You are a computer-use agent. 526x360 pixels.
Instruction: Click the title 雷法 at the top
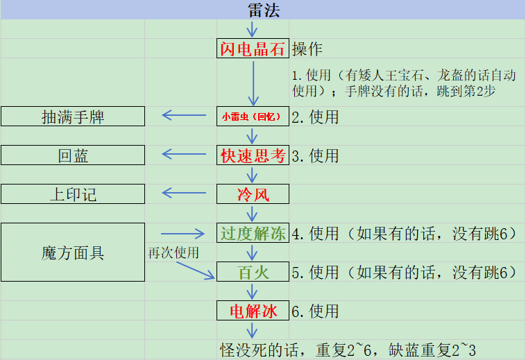pos(264,10)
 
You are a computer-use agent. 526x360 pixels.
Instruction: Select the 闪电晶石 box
pos(253,49)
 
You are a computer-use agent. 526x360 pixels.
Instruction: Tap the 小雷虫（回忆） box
pos(253,117)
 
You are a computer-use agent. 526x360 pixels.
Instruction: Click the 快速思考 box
pos(253,155)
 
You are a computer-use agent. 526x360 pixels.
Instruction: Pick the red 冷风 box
pos(253,194)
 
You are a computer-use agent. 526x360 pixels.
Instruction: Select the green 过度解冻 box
pos(253,233)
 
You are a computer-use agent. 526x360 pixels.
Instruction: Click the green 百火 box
pos(253,271)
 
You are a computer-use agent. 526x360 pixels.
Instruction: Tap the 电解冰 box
pos(253,310)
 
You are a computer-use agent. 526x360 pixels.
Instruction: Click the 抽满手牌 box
pos(73,117)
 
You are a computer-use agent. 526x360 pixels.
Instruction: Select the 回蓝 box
pos(73,155)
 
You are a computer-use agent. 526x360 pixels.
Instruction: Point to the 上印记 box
pos(73,194)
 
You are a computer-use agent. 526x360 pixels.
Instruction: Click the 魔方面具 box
pos(73,252)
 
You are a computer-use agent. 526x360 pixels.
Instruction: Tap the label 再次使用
pos(173,252)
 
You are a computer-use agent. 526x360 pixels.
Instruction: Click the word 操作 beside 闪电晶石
pos(307,49)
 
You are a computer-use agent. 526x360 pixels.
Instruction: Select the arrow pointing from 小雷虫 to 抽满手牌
pos(184,115)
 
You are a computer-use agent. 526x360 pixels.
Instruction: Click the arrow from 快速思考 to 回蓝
pos(184,154)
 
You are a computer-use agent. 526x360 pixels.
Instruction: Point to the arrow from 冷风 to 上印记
pos(184,193)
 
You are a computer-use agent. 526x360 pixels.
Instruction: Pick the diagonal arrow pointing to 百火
pos(196,271)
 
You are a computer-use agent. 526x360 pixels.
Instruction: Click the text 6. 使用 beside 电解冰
pos(315,311)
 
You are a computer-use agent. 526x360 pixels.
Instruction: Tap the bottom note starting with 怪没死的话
pos(348,350)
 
